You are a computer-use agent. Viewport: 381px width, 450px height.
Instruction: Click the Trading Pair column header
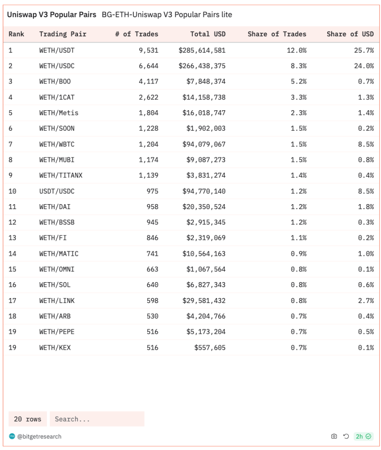coord(63,34)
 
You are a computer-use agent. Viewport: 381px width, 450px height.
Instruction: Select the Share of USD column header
coord(350,34)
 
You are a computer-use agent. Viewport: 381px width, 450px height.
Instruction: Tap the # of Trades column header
coord(136,34)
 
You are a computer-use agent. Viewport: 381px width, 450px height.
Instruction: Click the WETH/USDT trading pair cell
coord(57,50)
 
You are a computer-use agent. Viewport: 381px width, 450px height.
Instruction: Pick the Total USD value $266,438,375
coord(202,66)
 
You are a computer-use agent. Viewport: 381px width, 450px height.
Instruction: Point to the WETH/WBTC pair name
coord(57,144)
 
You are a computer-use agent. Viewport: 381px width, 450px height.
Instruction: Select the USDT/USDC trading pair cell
coord(57,191)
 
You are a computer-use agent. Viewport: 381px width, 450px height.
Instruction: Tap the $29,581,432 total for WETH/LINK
coord(204,300)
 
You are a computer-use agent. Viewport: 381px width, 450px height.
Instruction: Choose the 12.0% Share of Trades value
coord(296,50)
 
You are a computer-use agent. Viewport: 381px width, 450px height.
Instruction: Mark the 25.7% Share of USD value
coord(364,50)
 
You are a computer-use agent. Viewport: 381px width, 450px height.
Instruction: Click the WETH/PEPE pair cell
coord(57,332)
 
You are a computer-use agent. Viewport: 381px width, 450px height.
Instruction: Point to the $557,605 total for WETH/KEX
coord(210,347)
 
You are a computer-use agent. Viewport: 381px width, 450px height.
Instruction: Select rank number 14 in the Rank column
coord(12,254)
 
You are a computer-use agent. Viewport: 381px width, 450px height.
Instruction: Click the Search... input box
coord(97,419)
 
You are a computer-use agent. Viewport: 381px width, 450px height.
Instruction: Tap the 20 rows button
coord(28,419)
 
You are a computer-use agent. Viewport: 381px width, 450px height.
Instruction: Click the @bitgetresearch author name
coord(39,436)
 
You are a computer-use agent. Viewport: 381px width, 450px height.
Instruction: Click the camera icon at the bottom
coord(334,436)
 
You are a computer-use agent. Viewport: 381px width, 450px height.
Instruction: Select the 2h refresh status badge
coord(363,436)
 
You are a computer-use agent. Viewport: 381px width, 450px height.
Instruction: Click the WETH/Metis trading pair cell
coord(58,113)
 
